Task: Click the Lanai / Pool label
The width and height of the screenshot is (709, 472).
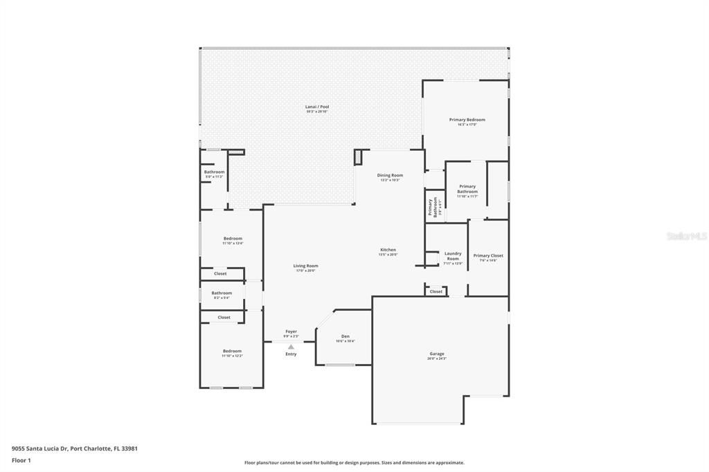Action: (x=317, y=107)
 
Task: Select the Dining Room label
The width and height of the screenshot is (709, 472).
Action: (x=390, y=176)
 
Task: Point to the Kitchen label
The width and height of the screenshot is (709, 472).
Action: (x=388, y=250)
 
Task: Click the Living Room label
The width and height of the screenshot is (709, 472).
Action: (x=305, y=266)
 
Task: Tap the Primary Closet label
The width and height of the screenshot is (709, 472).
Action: (x=488, y=256)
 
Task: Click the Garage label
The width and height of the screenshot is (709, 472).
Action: (x=436, y=354)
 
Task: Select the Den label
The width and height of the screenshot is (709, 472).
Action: (x=345, y=336)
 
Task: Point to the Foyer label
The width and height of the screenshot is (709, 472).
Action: (x=291, y=332)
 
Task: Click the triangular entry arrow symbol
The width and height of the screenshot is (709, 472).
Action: (x=291, y=347)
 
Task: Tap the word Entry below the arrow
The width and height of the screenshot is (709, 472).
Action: (x=291, y=354)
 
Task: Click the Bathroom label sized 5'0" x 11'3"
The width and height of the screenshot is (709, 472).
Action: (x=214, y=172)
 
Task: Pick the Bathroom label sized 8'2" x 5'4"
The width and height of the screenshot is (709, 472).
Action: (x=222, y=293)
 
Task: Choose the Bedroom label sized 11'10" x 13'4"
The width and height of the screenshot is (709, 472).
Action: (x=232, y=239)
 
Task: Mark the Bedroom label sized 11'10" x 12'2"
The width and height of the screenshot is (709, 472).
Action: (x=232, y=351)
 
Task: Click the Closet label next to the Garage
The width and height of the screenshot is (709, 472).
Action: (x=436, y=291)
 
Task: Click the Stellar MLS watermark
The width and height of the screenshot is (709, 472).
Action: (x=686, y=236)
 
